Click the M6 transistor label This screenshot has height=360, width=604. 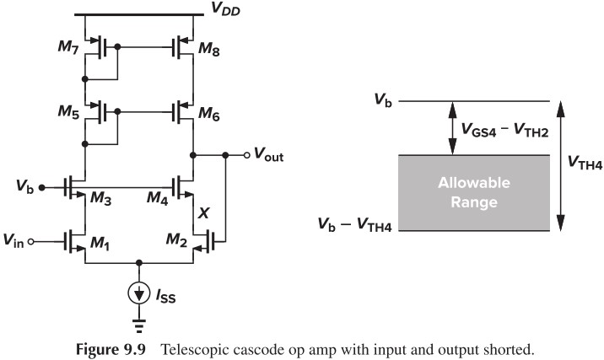click(x=209, y=111)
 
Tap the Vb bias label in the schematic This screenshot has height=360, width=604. click(x=24, y=182)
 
